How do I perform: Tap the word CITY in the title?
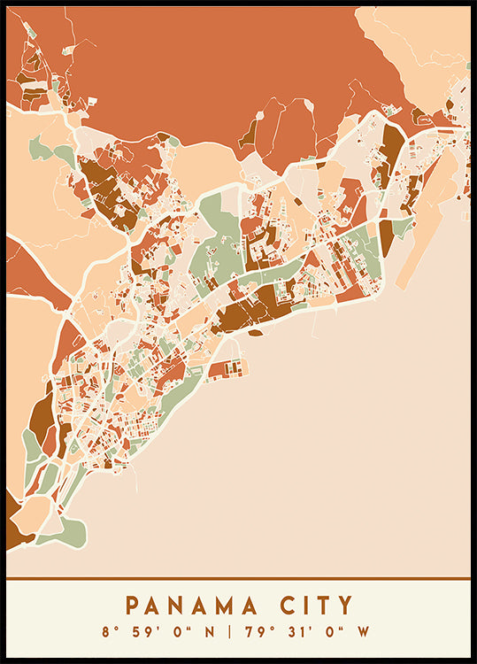tap(314, 606)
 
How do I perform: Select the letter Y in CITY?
tap(344, 606)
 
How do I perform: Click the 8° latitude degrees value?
tap(109, 632)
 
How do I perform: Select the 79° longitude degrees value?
tap(254, 632)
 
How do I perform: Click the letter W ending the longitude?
tap(362, 632)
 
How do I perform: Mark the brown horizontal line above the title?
tap(238, 579)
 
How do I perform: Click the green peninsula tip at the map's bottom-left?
tap(71, 535)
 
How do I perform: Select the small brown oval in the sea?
tap(255, 333)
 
